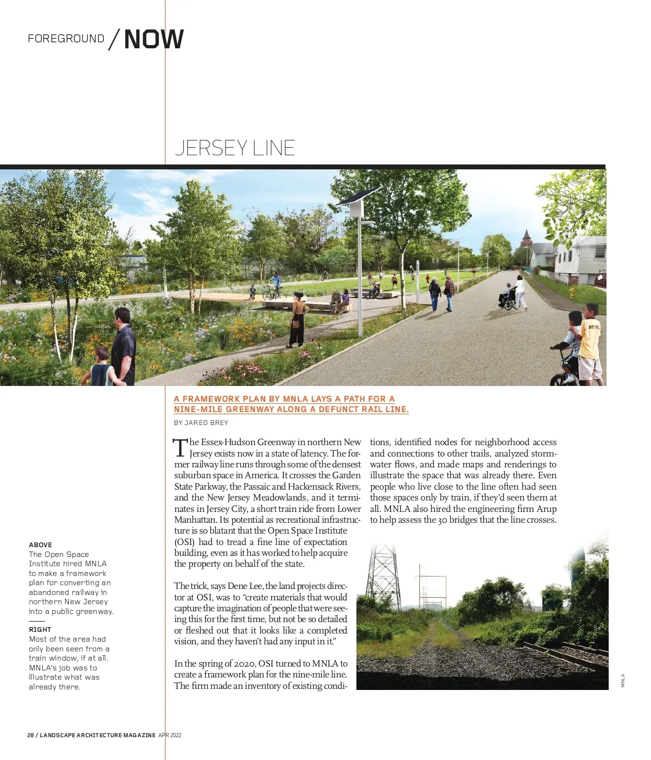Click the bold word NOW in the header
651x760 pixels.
point(154,39)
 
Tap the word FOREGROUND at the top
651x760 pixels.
point(66,39)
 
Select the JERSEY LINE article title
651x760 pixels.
point(235,148)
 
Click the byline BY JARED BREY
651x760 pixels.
point(201,423)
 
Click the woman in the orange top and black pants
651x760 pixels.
point(297,320)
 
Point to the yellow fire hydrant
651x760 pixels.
point(572,293)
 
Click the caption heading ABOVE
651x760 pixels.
point(41,545)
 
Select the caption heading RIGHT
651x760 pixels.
point(40,630)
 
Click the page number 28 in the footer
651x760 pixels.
point(30,736)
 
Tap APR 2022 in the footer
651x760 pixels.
point(170,736)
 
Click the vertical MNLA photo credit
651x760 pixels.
point(623,681)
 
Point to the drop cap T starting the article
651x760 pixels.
point(180,448)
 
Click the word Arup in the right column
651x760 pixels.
point(546,509)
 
